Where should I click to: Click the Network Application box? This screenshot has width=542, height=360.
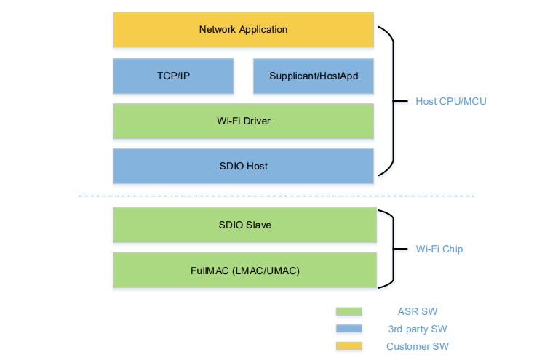point(243,30)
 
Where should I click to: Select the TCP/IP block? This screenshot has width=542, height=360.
point(173,76)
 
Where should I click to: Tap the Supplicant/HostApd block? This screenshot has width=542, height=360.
point(314,76)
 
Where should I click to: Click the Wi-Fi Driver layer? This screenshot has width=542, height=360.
point(243,121)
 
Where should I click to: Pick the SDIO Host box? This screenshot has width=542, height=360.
point(243,166)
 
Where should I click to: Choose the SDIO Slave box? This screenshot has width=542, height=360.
point(244,225)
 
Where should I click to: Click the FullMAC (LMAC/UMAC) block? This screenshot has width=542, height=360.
point(244,271)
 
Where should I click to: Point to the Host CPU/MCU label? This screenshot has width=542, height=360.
point(451,101)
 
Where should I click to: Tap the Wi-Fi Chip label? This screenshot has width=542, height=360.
point(439,249)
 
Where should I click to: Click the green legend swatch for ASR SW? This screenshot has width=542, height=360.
point(349,311)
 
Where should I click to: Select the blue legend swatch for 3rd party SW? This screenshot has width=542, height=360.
point(349,329)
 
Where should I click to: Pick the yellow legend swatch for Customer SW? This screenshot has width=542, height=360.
point(349,346)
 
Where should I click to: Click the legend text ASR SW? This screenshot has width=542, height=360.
point(417,311)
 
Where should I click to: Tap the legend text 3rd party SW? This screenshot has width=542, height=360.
point(418,329)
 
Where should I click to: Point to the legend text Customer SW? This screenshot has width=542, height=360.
point(418,346)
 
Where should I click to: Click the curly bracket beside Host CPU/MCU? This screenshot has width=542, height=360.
point(394,101)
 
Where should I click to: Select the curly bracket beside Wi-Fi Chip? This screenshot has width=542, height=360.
point(394,249)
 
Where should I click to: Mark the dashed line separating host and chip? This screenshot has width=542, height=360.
point(276,196)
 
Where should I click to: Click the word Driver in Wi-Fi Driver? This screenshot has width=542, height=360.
point(257,121)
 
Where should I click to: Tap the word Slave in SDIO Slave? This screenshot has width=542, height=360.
point(258,225)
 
